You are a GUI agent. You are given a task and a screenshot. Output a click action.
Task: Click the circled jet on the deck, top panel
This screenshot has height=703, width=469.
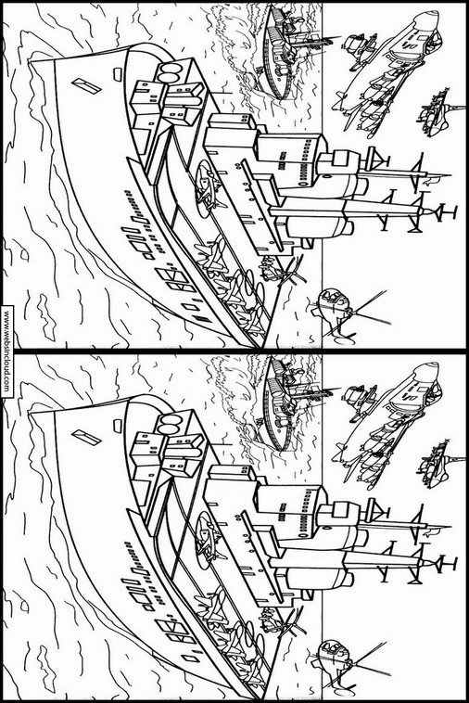[x=209, y=189]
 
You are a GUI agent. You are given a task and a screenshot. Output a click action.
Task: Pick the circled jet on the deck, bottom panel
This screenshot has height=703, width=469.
[x=209, y=541]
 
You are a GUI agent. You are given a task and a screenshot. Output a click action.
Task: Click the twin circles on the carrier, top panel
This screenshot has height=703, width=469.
[x=170, y=72]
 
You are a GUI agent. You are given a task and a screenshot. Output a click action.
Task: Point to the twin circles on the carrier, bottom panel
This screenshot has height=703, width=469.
[x=170, y=424]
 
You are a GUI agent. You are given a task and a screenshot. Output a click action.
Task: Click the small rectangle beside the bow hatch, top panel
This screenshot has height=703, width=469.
[x=118, y=72]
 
